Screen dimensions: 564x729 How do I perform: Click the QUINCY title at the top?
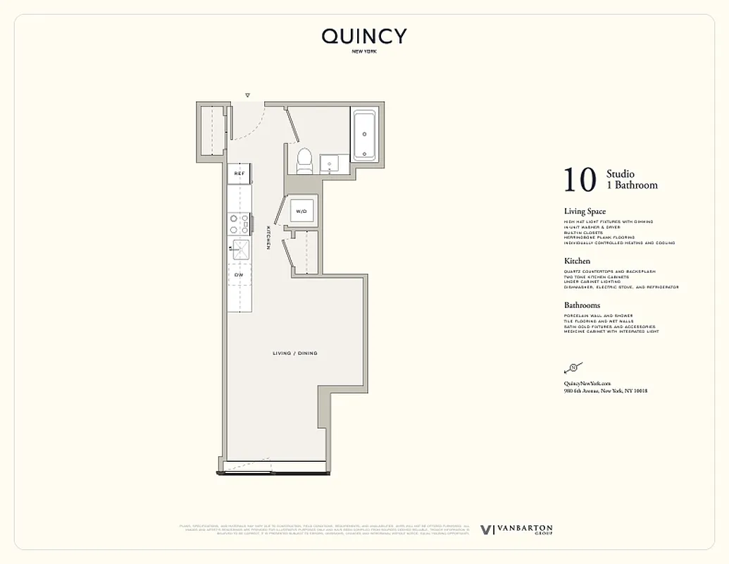364,37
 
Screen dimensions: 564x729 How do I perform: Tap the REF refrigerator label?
239,173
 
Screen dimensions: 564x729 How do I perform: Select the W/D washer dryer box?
301,211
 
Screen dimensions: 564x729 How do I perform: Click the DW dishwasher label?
239,274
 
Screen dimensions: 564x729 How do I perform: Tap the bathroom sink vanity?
330,165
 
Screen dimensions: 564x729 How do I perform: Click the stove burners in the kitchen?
239,223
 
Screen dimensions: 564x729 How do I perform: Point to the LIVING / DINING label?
294,353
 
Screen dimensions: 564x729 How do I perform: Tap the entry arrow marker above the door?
247,95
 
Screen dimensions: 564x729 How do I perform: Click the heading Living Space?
585,211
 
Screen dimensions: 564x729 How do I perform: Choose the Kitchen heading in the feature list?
577,261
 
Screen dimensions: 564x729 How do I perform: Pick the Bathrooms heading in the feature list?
582,305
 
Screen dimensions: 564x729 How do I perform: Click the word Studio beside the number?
621,174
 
